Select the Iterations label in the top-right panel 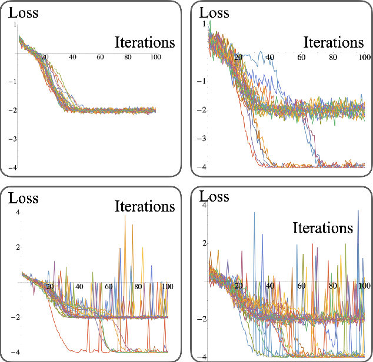334,42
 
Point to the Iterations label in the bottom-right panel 323,227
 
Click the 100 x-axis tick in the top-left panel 155,58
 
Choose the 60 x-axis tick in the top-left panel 100,58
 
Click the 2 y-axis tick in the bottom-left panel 18,247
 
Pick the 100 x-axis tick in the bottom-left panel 167,287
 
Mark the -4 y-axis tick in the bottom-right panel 202,357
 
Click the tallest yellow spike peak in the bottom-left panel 125,216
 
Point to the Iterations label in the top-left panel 144,42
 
